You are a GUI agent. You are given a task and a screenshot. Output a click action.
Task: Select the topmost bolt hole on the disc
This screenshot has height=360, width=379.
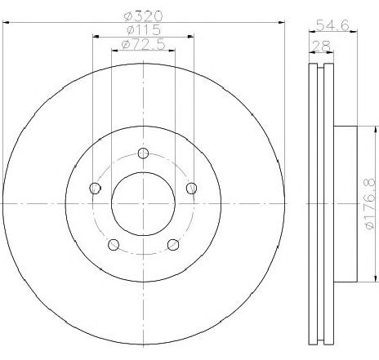(143, 154)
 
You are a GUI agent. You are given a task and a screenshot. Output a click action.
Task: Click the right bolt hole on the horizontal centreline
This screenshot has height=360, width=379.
(192, 189)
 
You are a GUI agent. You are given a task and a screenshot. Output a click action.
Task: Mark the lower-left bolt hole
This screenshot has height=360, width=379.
(113, 245)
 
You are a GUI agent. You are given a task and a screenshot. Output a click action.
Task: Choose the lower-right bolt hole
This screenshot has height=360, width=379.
(172, 245)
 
